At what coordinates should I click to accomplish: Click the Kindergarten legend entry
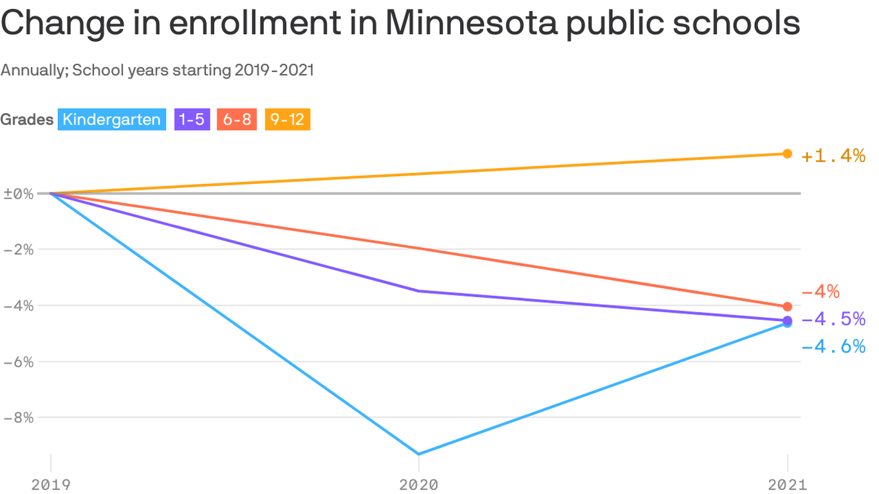(x=111, y=120)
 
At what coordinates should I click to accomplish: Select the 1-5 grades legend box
(x=192, y=120)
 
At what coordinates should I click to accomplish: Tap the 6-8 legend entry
(x=237, y=120)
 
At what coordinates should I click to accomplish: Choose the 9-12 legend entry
(x=287, y=120)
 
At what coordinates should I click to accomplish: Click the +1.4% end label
(x=833, y=156)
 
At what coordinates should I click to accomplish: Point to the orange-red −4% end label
(x=820, y=292)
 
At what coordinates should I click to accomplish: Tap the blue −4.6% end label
(x=833, y=347)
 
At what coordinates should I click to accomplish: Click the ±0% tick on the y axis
(x=19, y=194)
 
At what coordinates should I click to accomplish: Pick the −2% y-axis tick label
(x=19, y=250)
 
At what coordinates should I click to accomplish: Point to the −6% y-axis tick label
(x=19, y=361)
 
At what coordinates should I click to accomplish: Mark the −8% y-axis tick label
(x=19, y=417)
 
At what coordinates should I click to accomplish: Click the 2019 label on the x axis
(x=51, y=484)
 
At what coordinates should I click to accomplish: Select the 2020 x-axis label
(x=419, y=484)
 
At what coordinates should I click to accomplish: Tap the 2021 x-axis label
(x=787, y=484)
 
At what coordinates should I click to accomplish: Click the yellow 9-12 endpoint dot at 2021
(x=787, y=154)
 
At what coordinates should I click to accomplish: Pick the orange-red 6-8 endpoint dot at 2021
(x=787, y=307)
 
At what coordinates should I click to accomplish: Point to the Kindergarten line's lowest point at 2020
(x=419, y=454)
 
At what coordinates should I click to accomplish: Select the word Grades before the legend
(x=27, y=120)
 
